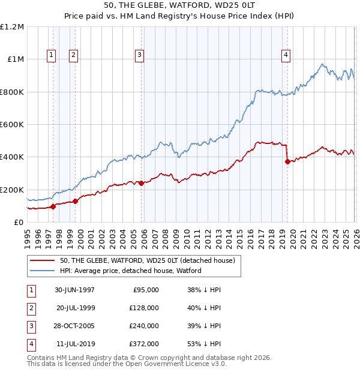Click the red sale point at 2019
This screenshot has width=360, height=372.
click(287, 161)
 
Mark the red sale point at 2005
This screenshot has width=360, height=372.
click(141, 183)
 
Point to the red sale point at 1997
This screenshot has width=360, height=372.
click(53, 206)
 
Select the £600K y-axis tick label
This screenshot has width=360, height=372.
click(12, 125)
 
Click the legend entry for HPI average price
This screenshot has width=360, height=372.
click(131, 271)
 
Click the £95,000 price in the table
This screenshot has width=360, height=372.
click(145, 290)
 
